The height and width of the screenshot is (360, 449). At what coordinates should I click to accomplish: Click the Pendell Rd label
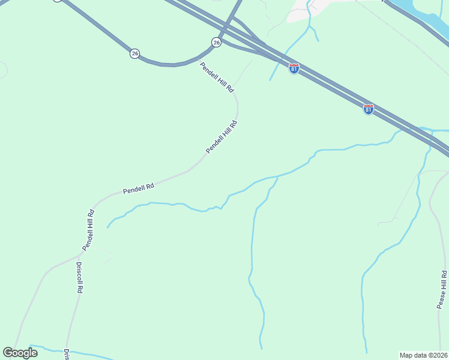point(139,188)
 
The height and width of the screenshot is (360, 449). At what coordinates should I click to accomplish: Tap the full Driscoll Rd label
point(79,276)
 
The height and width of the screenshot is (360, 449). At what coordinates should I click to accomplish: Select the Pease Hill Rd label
point(442,290)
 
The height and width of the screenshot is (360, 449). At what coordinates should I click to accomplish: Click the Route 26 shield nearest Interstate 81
point(216,43)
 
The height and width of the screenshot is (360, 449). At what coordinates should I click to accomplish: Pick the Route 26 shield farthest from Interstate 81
point(134,53)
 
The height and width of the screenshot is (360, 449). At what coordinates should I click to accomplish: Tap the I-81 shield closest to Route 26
point(294,68)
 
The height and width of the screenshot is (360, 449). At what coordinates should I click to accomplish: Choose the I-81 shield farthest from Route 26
point(369,109)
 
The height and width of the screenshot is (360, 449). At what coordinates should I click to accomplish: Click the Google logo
point(20,353)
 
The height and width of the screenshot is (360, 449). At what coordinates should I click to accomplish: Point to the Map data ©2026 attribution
point(424,355)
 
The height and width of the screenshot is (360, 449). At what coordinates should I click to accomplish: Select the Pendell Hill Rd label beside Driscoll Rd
point(89,229)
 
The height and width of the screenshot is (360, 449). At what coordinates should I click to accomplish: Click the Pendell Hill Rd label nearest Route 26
point(217,77)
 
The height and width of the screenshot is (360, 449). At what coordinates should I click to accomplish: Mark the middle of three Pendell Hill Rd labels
point(222,137)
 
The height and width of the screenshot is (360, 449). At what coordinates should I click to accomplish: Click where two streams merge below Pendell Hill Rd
point(277,177)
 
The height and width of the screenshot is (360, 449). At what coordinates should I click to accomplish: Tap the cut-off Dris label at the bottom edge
point(67,354)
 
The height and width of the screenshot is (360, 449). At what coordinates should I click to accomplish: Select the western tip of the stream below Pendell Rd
point(107,227)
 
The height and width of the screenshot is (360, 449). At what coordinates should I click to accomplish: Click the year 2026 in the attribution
point(438,355)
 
